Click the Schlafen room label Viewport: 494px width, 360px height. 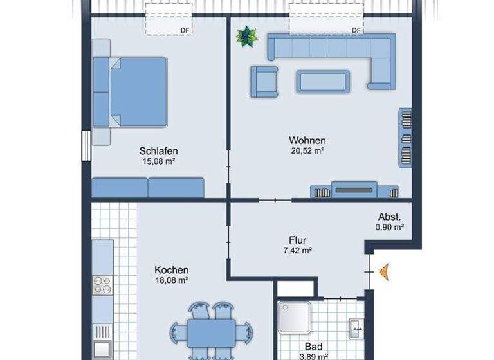tap(158, 151)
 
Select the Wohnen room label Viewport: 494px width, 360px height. tap(307, 140)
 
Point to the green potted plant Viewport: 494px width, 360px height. tap(244, 37)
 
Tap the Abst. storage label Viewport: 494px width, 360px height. tap(390, 217)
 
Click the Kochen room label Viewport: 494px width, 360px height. tap(172, 270)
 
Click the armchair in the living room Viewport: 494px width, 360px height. tap(264, 82)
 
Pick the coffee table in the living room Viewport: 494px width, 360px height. tap(323, 81)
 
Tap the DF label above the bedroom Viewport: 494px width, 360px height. tap(185, 30)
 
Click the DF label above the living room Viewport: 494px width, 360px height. tap(356, 30)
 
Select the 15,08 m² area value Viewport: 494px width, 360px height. tap(158, 162)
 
